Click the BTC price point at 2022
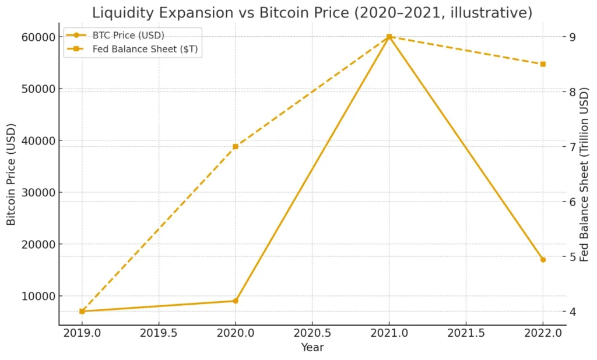coord(543,259)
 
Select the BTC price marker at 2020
coord(236,301)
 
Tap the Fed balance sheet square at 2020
coord(236,147)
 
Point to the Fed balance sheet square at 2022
coord(543,64)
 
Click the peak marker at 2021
coord(389,37)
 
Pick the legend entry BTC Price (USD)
coord(128,35)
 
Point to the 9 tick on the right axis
coord(573,37)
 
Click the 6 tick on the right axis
coord(573,202)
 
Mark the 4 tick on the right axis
coord(573,312)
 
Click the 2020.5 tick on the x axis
coord(312,334)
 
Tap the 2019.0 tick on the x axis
coord(82,334)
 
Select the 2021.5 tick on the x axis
coord(466,334)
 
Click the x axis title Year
coord(312,348)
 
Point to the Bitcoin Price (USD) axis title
coord(11,175)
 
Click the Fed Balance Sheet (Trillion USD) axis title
coord(585,175)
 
